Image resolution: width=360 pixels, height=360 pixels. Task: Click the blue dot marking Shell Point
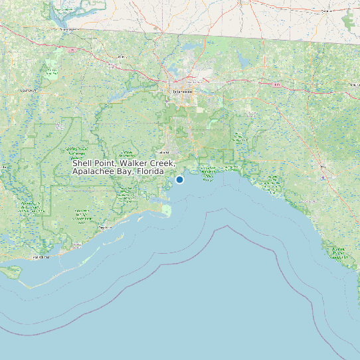(x=179, y=179)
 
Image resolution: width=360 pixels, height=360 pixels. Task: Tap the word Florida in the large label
(x=150, y=171)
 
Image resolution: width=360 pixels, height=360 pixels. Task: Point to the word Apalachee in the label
(x=92, y=171)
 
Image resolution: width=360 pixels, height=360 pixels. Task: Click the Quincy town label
(x=122, y=58)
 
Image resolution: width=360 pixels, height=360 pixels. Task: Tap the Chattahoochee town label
(x=65, y=29)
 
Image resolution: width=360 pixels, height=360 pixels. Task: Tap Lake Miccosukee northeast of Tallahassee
(x=242, y=61)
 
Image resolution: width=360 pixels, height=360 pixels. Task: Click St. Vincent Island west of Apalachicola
(x=12, y=271)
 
